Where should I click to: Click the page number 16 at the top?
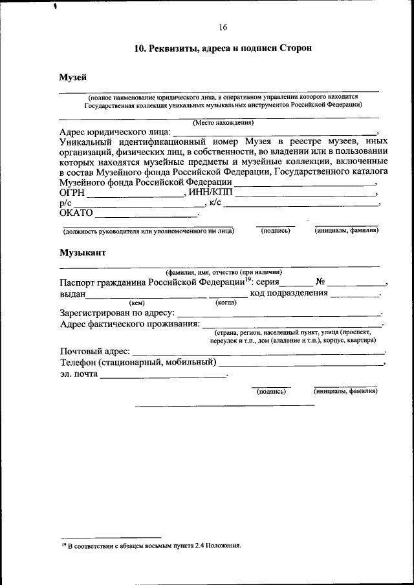(x=223, y=27)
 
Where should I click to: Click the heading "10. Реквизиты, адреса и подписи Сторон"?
(x=223, y=49)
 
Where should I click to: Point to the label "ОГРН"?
(x=72, y=193)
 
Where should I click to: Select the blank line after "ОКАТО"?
(x=147, y=213)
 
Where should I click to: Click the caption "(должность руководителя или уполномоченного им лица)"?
(x=148, y=231)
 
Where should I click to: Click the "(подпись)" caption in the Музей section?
(x=276, y=231)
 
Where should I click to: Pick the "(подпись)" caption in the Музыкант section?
(x=271, y=391)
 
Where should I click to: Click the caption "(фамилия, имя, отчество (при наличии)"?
(x=223, y=273)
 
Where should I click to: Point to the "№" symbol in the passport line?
(x=321, y=282)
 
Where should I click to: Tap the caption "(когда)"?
(x=226, y=303)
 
